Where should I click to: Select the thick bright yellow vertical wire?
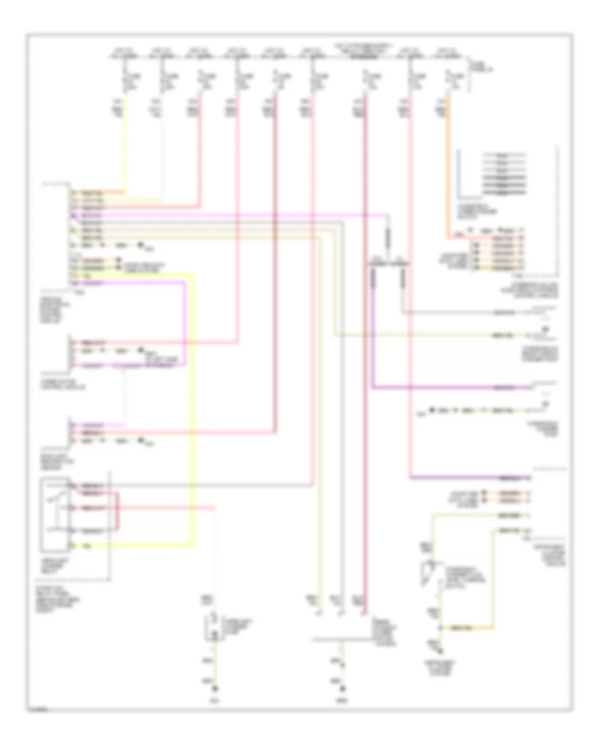(193, 406)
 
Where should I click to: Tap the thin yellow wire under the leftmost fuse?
(124, 149)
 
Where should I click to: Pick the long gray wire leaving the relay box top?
(203, 485)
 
